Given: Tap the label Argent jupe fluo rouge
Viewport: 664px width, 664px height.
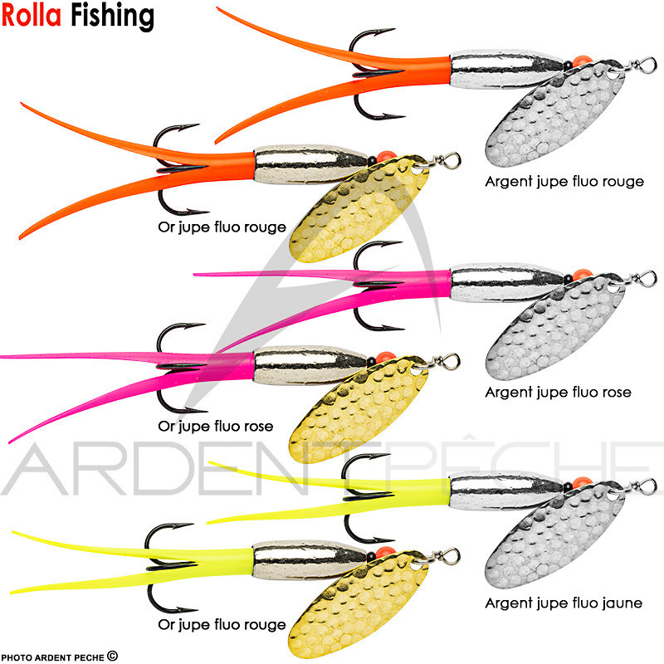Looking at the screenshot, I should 564,181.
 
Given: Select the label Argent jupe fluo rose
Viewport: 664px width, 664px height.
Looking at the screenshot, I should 559,392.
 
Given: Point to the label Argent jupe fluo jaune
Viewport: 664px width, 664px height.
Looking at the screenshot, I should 564,603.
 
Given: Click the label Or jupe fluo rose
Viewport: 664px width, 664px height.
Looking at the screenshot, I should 216,427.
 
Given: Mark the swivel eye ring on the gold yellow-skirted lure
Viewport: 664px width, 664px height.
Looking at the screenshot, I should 452,554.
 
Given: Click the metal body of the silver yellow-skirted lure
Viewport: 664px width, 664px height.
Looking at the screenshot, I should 498,489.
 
